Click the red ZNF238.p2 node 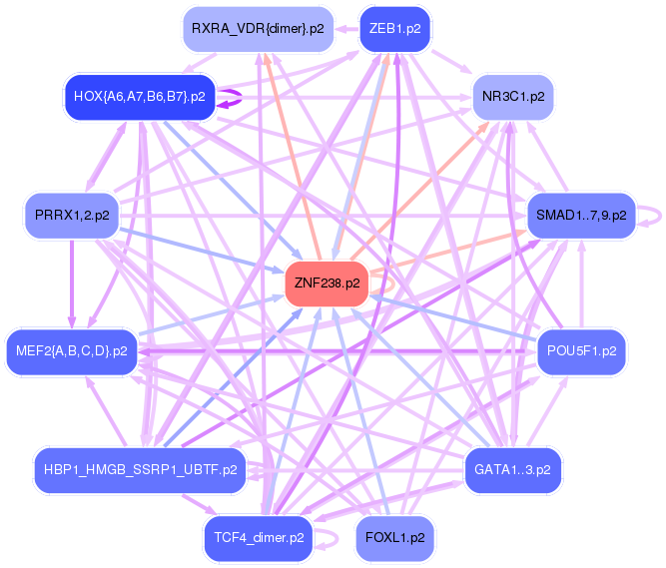point(327,284)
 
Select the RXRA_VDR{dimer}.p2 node point(258,29)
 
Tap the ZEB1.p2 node point(394,29)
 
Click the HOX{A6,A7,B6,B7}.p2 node point(139,97)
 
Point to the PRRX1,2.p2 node point(71,215)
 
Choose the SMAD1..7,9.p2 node point(581,215)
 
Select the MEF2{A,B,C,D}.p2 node point(71,350)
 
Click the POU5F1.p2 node point(581,350)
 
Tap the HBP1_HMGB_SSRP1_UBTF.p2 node point(141,468)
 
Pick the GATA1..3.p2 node point(513,468)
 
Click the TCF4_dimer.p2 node point(258,537)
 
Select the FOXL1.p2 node point(394,537)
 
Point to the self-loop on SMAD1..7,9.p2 point(655,215)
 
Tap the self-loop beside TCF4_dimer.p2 point(329,538)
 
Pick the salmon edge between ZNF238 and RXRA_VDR point(293,159)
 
